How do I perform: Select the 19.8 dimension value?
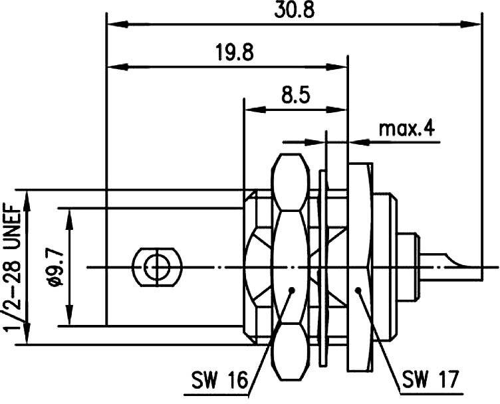233,52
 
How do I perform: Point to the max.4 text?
407,128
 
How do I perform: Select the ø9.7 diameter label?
55,268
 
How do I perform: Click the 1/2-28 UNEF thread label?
15,268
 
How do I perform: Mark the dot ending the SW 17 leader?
358,290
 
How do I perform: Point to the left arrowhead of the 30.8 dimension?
116,25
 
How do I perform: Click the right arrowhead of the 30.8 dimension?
473,25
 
